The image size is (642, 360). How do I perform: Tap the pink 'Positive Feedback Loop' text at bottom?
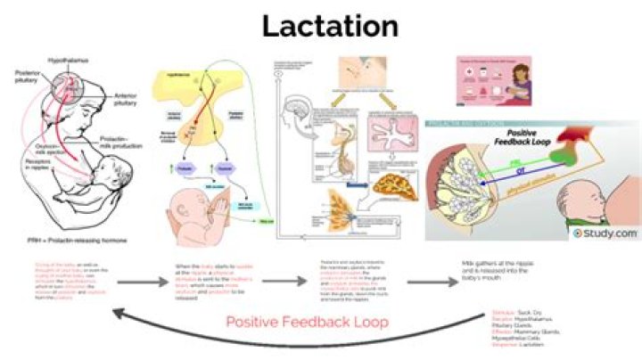[x=306, y=322]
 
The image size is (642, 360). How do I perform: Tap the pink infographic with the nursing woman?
[x=493, y=77]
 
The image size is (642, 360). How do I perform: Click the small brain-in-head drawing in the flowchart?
[x=300, y=117]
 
